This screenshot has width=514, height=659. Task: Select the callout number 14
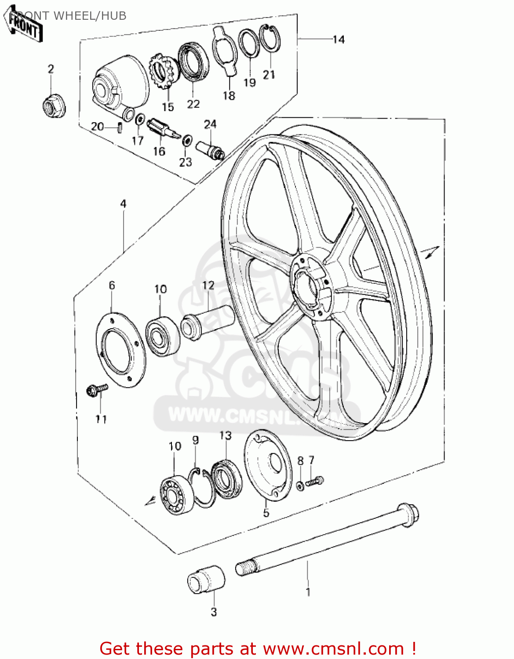338,40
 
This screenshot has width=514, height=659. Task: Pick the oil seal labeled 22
193,62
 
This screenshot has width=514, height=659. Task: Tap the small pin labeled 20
119,128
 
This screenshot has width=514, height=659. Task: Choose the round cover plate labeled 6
120,349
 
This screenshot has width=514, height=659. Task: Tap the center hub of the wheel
310,286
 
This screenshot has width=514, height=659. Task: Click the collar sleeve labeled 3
206,579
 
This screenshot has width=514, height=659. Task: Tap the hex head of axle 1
408,516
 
